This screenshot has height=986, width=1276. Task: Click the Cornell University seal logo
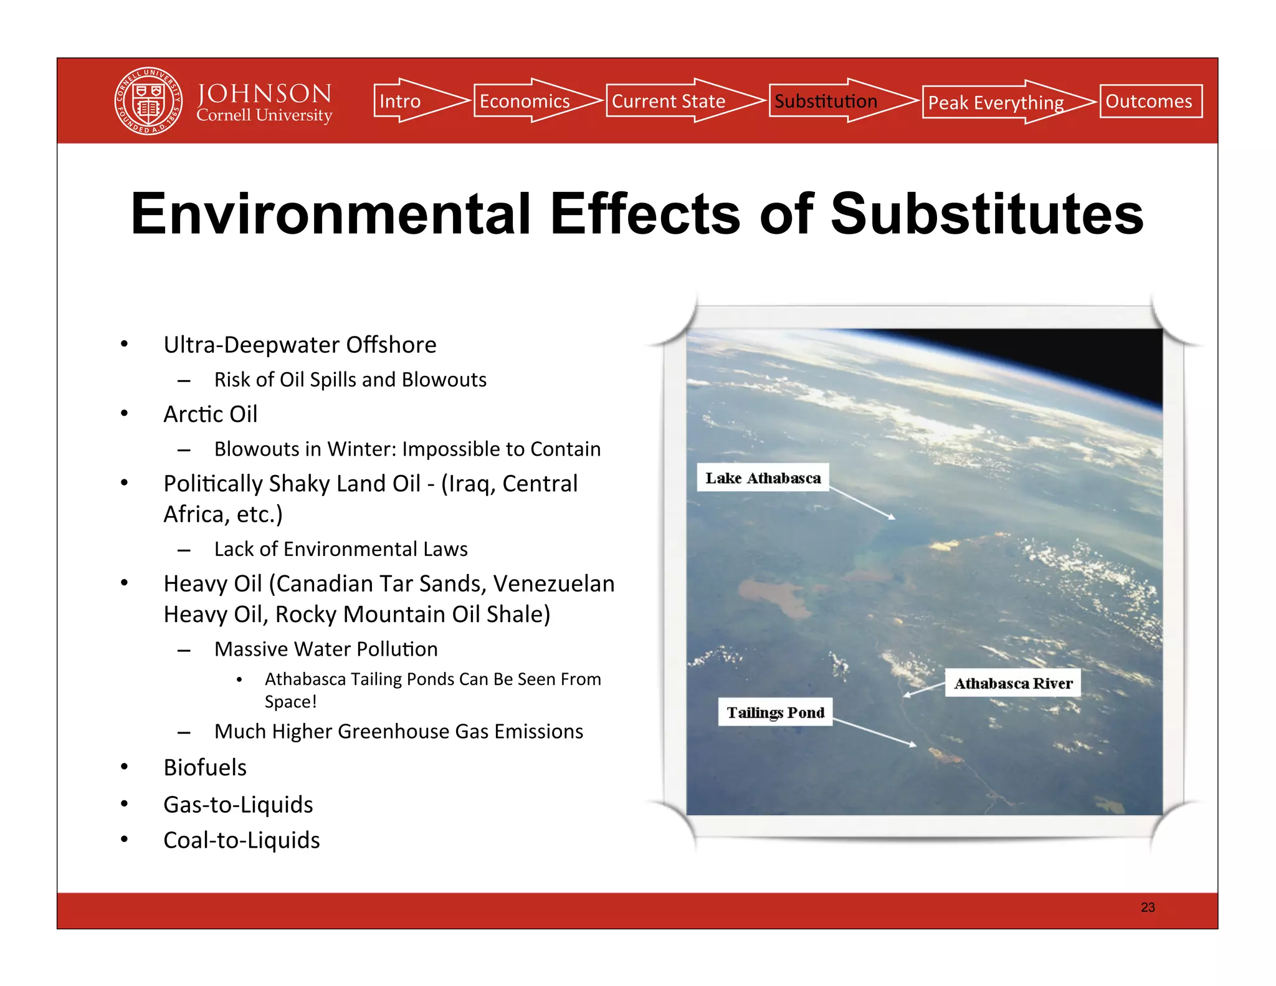coord(148,101)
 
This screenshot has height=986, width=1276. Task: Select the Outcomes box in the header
coord(1150,101)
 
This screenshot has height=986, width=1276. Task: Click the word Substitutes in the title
coord(987,214)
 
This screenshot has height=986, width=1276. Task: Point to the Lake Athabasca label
coord(763,478)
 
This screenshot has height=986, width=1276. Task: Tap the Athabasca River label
coord(1013,684)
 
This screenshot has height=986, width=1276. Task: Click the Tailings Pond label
coord(775,712)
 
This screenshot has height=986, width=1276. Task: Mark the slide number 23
coord(1148,907)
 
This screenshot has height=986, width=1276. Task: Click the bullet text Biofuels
coord(205,767)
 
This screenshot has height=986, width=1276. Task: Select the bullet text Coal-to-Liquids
coord(241,840)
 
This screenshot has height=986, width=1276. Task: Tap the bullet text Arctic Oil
coord(210,414)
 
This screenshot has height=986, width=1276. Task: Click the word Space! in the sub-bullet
coord(290,702)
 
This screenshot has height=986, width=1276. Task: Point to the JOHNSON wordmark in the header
coord(264,93)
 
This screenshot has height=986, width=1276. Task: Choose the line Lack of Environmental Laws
coord(341,549)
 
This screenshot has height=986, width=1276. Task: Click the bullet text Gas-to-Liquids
coord(238,805)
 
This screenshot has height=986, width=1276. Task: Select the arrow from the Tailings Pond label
coord(874,732)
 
